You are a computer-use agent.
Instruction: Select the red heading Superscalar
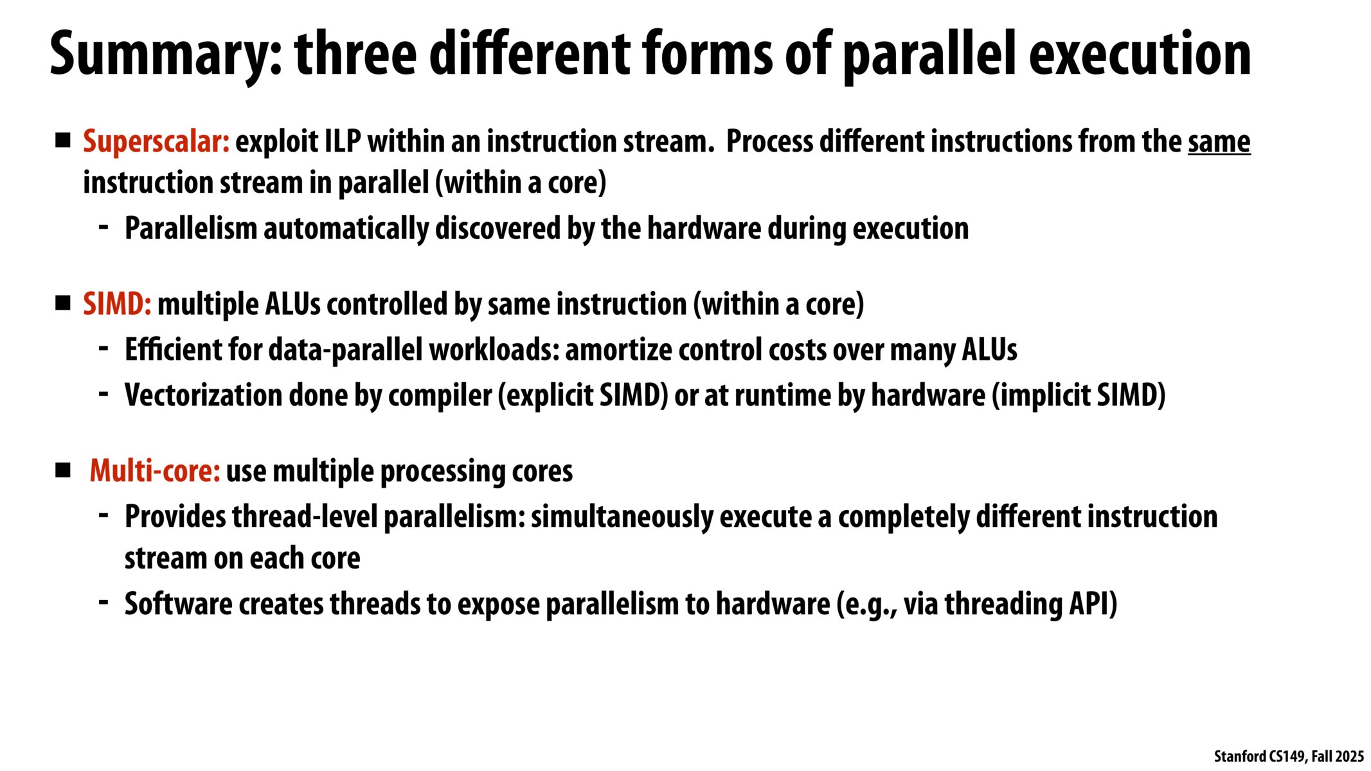coord(156,142)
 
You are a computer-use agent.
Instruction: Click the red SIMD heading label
coord(117,304)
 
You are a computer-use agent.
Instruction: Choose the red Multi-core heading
coord(155,471)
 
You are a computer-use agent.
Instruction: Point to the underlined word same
coord(1219,142)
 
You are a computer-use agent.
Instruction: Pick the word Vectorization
coord(204,395)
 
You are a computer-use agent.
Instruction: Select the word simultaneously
coord(622,517)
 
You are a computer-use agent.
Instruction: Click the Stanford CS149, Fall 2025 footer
coord(1289,756)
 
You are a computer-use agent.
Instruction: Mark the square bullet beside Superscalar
coord(63,141)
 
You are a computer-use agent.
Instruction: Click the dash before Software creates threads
coord(103,602)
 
